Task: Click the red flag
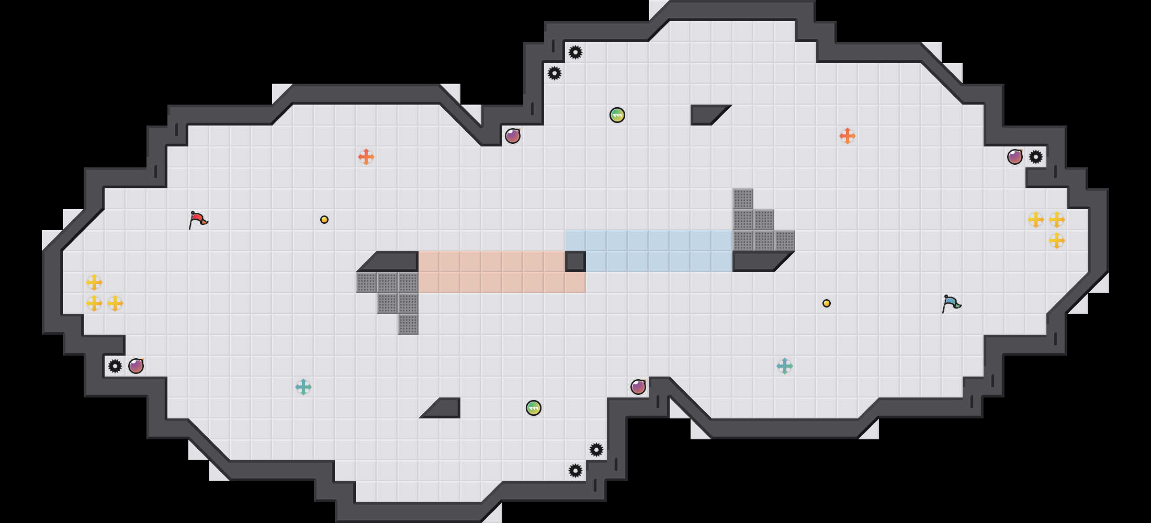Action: tap(198, 220)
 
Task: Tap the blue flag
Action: tap(951, 303)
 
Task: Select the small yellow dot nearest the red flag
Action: tap(324, 220)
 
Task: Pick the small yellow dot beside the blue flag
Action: tap(827, 303)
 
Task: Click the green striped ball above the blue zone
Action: tap(617, 115)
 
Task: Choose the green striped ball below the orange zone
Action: tap(534, 408)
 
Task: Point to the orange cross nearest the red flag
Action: tap(366, 157)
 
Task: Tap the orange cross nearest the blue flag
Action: tap(848, 136)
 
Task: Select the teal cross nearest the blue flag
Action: tap(785, 366)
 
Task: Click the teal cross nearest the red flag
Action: tap(303, 387)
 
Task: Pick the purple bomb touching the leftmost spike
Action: tap(136, 366)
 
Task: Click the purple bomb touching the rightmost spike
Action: tap(1015, 157)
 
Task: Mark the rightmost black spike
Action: tap(1036, 157)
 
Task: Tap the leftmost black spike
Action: tap(115, 366)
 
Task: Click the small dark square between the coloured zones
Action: tap(575, 261)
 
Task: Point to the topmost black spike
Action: tap(575, 52)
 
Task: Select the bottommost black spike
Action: tap(575, 471)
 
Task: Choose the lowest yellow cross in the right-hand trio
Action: tap(1057, 241)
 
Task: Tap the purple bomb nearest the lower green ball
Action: tap(638, 387)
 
